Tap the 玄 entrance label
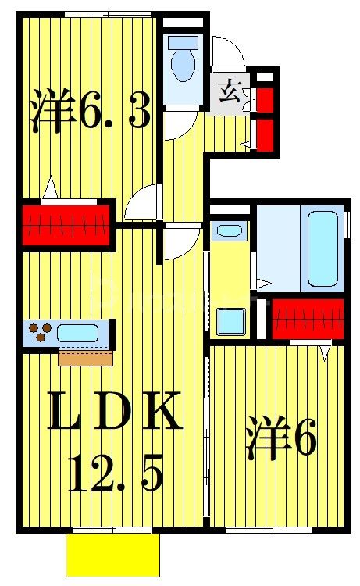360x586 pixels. click(229, 91)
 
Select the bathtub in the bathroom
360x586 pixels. click(323, 248)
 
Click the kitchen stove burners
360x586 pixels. click(41, 334)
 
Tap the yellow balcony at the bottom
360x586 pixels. click(112, 556)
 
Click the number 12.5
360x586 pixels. click(116, 471)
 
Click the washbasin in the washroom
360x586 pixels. click(229, 230)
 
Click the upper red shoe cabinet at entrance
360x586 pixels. click(265, 100)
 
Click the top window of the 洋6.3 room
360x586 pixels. click(107, 13)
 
